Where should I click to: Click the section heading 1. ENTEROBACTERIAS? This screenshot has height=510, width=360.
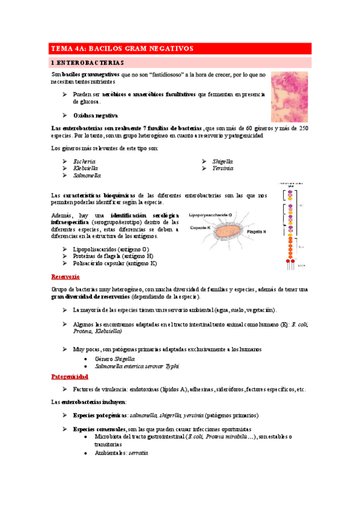[87, 62]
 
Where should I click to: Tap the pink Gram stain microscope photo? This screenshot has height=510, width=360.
[289, 97]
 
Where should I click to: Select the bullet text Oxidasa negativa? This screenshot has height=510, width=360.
[95, 115]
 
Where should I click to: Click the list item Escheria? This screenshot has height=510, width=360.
[84, 162]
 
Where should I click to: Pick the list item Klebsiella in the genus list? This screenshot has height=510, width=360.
[86, 169]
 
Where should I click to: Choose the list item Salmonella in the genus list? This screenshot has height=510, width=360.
[87, 176]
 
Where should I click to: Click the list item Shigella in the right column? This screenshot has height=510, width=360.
[222, 162]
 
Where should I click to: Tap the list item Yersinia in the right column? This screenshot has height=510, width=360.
[222, 169]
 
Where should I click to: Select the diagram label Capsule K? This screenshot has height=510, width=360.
[201, 228]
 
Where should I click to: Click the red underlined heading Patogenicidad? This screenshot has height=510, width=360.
[70, 376]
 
